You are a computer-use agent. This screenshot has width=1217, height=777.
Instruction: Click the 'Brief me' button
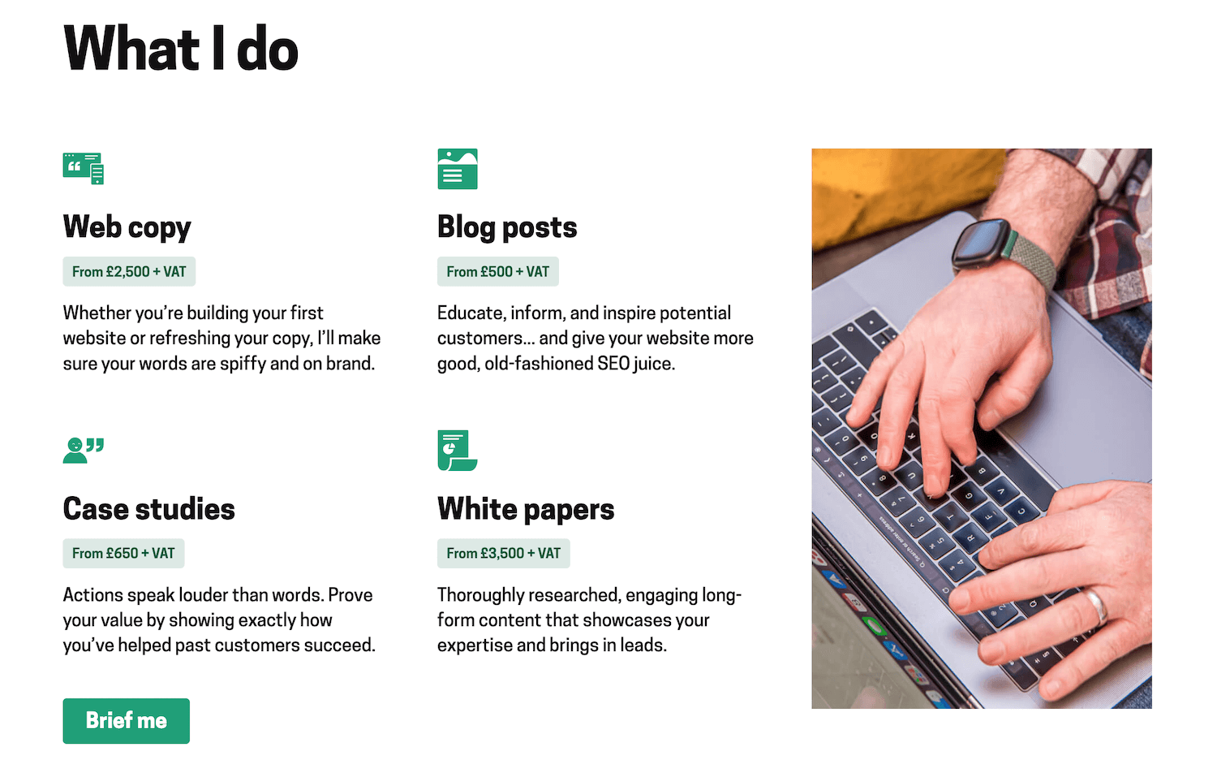pos(126,721)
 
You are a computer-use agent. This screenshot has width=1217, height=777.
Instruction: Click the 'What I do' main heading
pos(181,49)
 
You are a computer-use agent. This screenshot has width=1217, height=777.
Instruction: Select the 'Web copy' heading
pos(127,227)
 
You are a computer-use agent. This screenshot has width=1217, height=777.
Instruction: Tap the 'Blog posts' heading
pos(507,227)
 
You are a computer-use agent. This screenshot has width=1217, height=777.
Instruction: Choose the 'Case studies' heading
pos(149,509)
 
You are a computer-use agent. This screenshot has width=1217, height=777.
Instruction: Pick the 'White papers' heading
pos(526,509)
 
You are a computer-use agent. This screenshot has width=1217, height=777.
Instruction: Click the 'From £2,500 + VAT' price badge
pos(129,272)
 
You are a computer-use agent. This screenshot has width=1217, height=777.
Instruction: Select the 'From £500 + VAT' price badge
pos(497,272)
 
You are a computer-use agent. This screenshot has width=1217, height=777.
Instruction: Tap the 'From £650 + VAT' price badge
pos(123,554)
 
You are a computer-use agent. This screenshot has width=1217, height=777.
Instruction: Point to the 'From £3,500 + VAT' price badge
pos(503,554)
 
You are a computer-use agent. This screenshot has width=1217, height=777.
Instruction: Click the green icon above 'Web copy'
pos(84,168)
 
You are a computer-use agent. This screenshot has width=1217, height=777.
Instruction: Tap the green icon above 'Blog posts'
pos(458,169)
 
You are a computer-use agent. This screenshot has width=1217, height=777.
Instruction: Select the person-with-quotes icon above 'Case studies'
pos(84,450)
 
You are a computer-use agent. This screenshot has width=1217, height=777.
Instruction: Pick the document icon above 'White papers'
pos(457,450)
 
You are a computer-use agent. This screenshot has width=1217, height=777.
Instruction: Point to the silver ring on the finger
pos(1096,606)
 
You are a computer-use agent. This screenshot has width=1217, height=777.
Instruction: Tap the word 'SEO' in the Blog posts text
pos(613,364)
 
